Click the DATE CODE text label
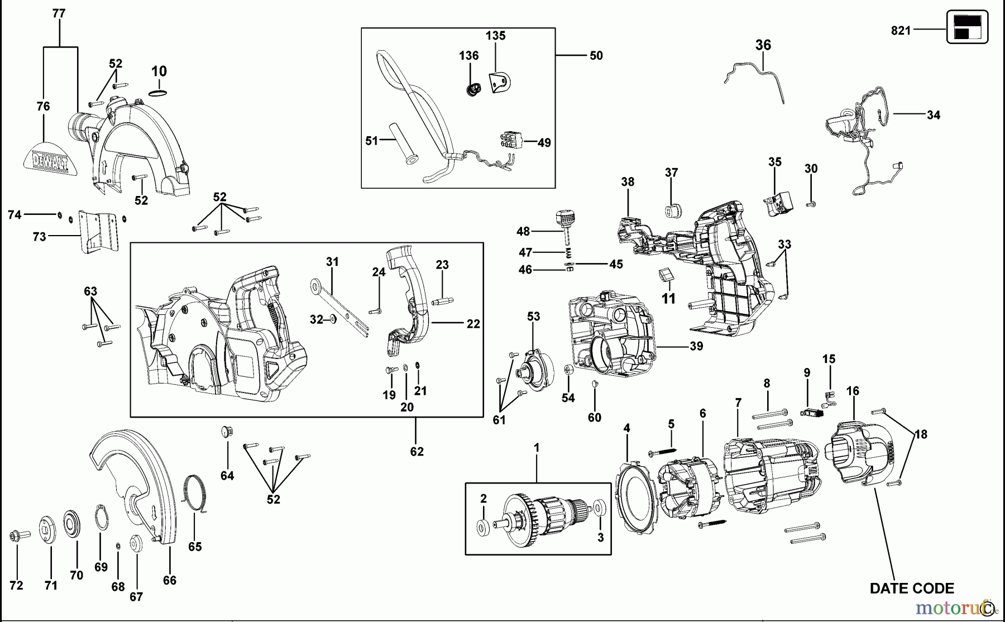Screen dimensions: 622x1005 click(912, 588)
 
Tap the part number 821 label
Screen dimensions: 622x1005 click(901, 31)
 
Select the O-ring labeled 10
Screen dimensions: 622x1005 click(159, 92)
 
